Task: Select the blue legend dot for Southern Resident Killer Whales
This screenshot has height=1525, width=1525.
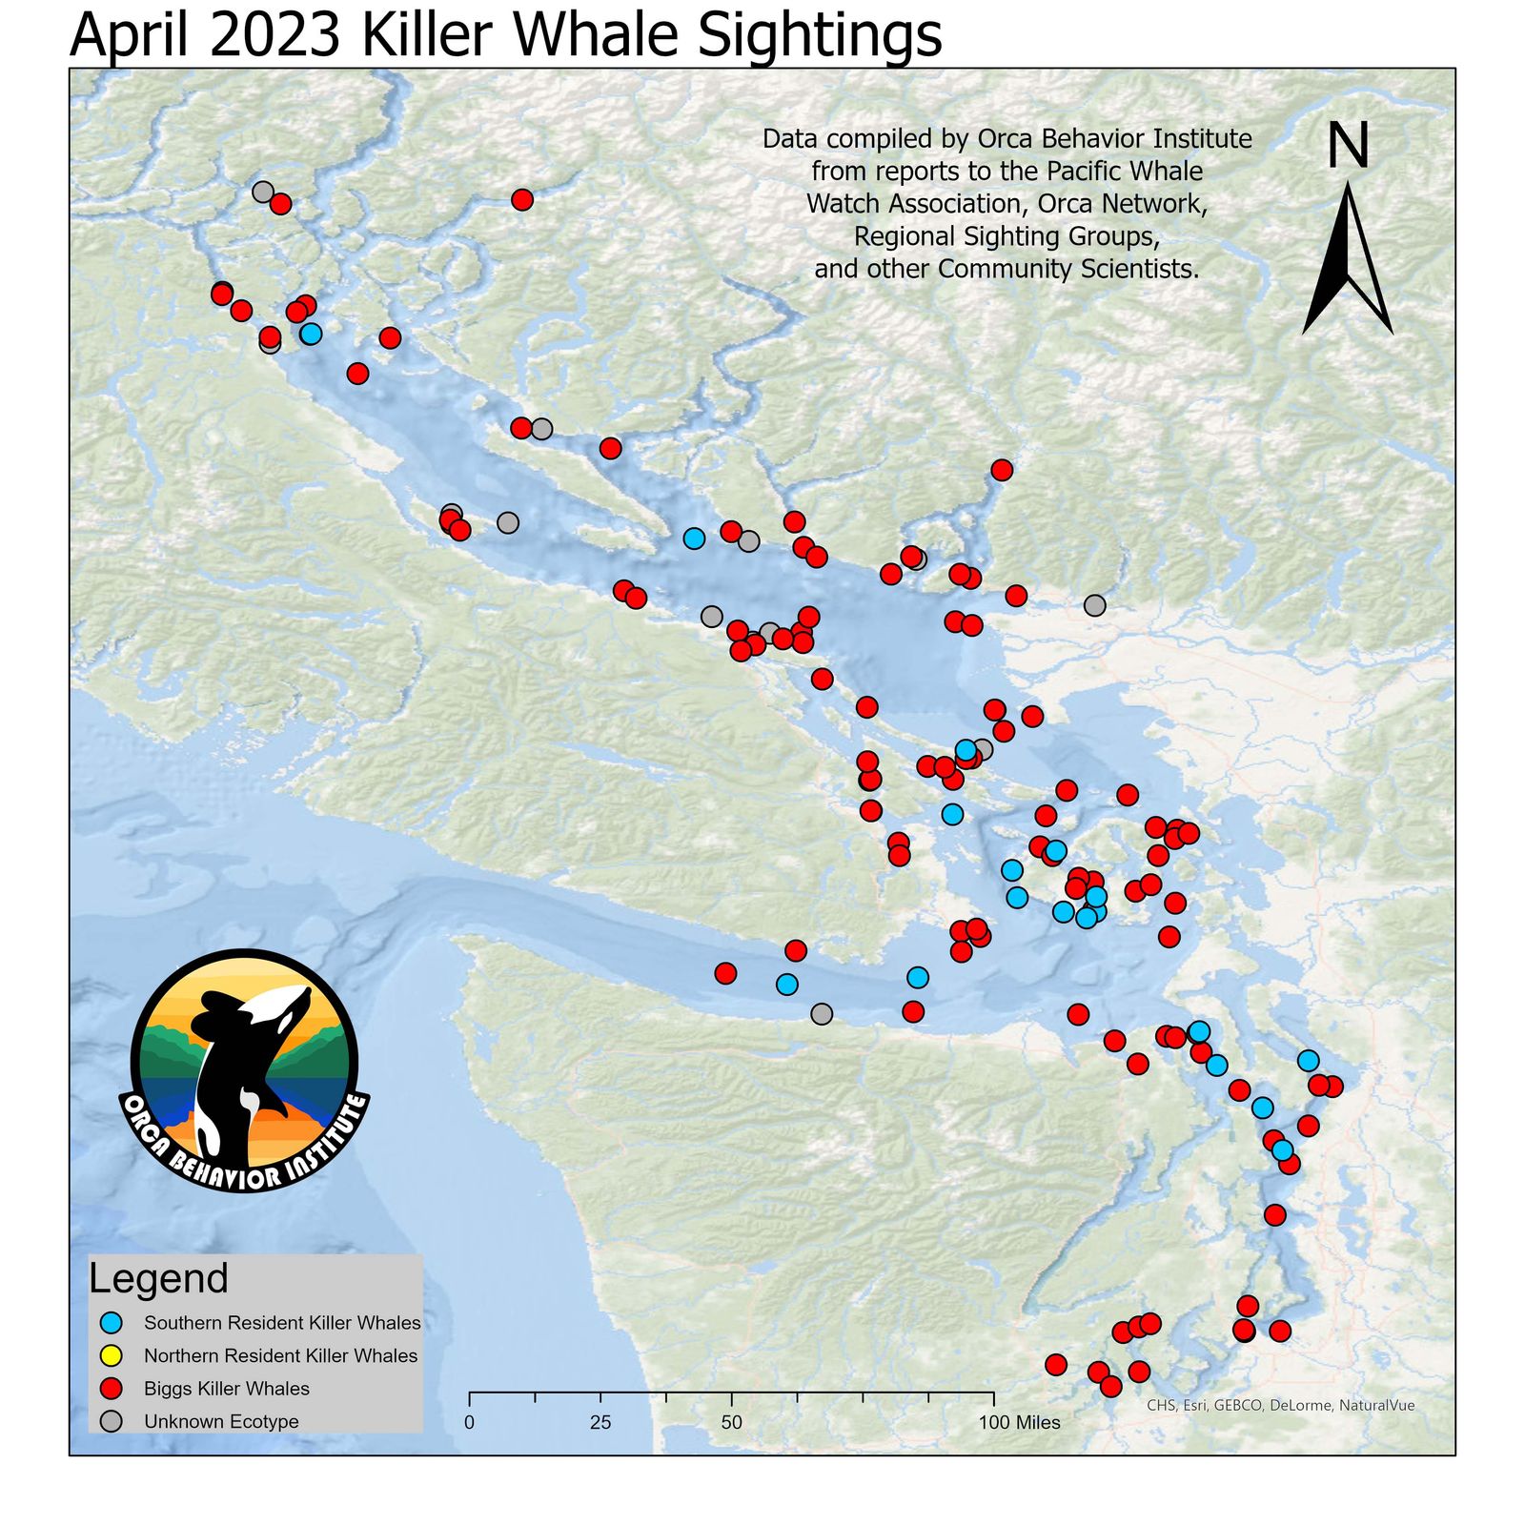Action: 112,1323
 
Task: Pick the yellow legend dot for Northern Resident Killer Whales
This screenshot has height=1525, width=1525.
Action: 112,1355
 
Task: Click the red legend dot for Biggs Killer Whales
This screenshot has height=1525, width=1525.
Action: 112,1389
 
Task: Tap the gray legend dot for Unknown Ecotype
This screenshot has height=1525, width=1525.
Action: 112,1421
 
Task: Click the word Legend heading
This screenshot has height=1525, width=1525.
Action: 158,1278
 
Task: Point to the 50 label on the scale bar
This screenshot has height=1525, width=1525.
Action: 731,1423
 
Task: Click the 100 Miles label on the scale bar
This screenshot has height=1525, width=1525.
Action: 1019,1423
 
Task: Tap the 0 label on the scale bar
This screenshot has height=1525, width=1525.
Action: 469,1423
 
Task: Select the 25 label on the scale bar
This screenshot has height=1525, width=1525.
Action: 600,1423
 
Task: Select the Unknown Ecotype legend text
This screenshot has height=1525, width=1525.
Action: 221,1421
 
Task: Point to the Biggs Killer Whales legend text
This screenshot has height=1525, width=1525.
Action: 227,1389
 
